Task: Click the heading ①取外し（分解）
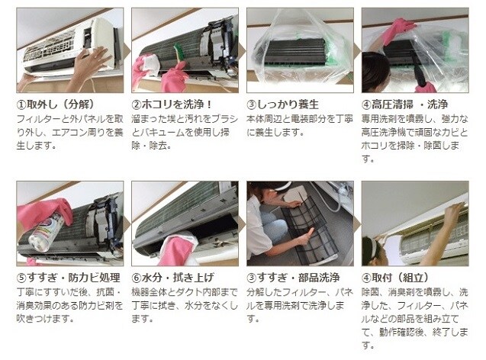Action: [x=55, y=104]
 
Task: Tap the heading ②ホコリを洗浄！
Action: [x=172, y=104]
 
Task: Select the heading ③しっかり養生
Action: [x=282, y=104]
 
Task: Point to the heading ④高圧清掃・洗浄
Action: [x=405, y=104]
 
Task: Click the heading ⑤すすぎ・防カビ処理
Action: [x=68, y=278]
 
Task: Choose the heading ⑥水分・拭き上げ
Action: [x=172, y=278]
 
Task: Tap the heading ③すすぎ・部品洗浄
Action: [x=293, y=278]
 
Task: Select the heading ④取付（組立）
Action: [x=395, y=278]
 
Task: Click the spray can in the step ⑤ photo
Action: [x=47, y=231]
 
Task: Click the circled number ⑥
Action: [x=137, y=278]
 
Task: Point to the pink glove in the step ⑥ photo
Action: [x=177, y=250]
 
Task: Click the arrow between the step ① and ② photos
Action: [x=127, y=50]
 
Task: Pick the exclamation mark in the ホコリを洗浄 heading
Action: [x=209, y=104]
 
